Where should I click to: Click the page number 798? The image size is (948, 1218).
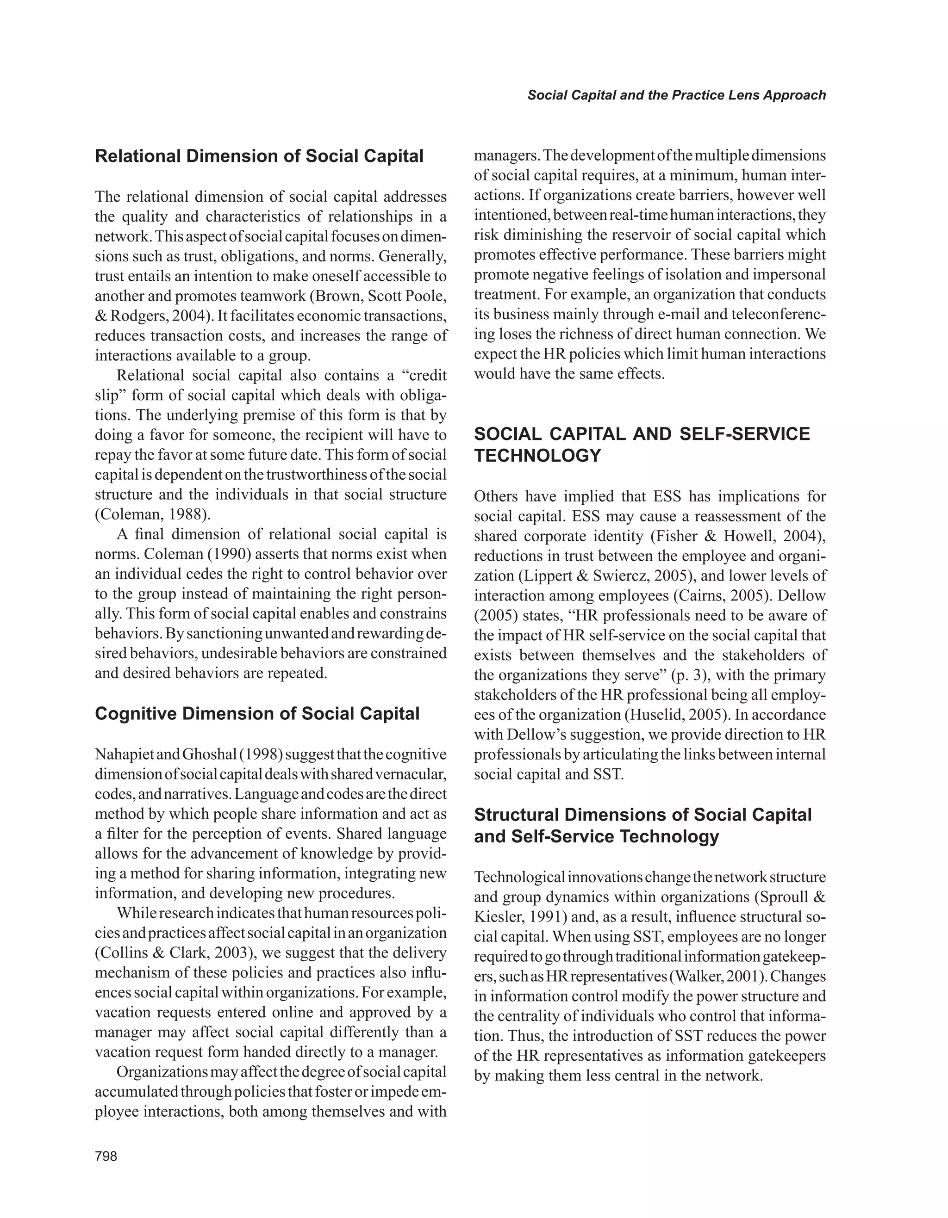click(x=106, y=1156)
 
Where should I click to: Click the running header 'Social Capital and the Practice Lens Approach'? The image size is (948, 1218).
click(x=676, y=95)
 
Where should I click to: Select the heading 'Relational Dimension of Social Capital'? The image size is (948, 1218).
click(x=260, y=156)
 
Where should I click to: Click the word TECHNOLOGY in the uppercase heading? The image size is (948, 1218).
click(x=537, y=456)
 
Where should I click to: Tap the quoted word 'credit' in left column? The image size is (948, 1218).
click(x=424, y=375)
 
